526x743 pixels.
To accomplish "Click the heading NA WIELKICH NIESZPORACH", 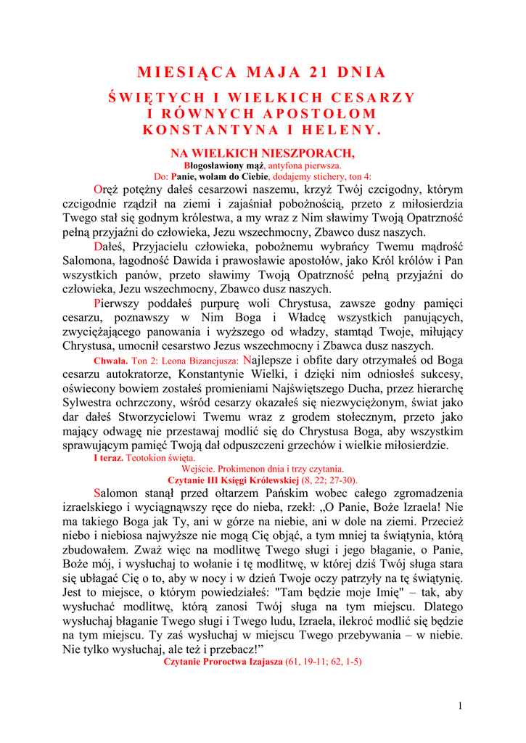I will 263,153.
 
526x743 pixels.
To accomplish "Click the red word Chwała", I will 111,361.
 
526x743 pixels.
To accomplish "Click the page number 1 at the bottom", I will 460,706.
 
